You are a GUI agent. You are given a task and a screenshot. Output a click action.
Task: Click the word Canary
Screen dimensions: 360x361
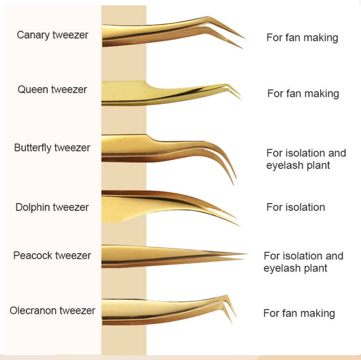point(32,35)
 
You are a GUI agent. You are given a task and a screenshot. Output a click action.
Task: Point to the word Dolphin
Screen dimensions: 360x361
point(32,207)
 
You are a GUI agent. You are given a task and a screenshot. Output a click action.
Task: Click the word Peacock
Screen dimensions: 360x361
point(32,256)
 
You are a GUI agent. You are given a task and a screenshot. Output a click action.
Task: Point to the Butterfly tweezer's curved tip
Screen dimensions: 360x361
point(233,180)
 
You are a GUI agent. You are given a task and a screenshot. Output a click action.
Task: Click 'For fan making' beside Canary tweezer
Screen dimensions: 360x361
point(302,38)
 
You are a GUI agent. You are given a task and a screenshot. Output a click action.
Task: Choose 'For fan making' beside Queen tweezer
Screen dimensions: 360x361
point(303,93)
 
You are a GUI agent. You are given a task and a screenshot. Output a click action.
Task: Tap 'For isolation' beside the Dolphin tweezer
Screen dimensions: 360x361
point(296,207)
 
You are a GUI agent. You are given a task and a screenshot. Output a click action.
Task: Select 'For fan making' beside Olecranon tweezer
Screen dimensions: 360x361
point(299,313)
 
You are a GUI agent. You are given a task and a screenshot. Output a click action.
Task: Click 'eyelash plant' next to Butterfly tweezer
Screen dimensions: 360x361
point(298,166)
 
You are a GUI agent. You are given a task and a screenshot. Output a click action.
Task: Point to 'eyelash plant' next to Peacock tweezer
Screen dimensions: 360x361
point(296,268)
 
